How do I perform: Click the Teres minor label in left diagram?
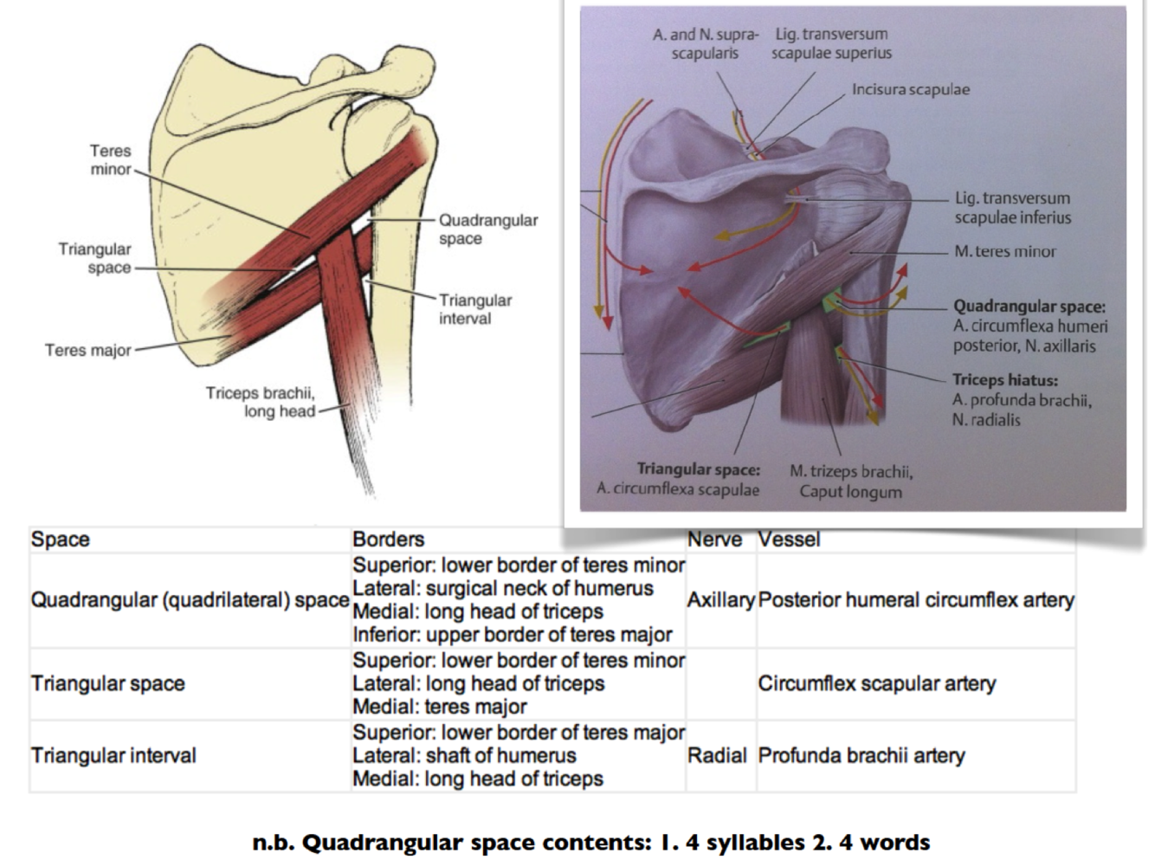click(x=110, y=160)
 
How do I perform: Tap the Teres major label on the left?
click(x=88, y=351)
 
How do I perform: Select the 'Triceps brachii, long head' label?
click(x=261, y=402)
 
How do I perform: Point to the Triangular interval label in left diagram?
click(x=474, y=309)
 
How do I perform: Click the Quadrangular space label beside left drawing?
click(x=487, y=229)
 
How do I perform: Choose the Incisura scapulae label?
click(x=910, y=89)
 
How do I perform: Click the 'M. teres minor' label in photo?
click(x=1004, y=252)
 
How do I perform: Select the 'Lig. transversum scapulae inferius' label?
click(x=1012, y=208)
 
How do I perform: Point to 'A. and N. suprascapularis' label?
click(x=705, y=43)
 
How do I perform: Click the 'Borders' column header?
click(x=388, y=540)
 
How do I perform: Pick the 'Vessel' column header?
click(x=789, y=540)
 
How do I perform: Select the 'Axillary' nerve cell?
click(x=720, y=600)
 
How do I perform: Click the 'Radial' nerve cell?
click(x=716, y=756)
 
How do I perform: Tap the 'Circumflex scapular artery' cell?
click(x=876, y=684)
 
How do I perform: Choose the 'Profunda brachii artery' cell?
click(x=861, y=756)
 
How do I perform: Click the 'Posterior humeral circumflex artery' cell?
click(x=915, y=600)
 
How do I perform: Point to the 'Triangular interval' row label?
click(x=113, y=756)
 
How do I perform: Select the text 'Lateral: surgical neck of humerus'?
click(x=502, y=589)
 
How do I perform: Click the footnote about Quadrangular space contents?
click(x=590, y=843)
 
